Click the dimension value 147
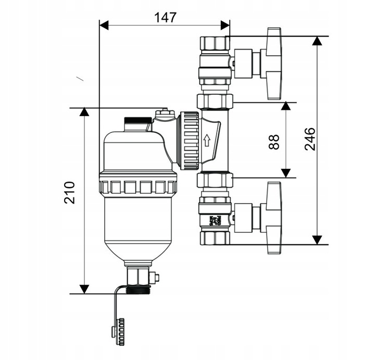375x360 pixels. tap(165, 17)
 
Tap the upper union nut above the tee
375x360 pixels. tap(215, 100)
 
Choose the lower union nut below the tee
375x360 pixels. tap(215, 181)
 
